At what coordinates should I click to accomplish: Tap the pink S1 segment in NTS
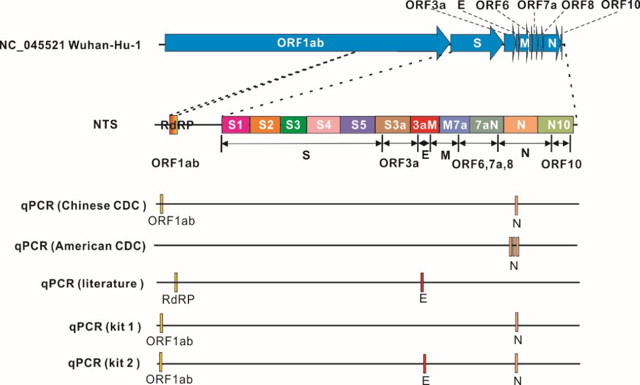[x=236, y=125]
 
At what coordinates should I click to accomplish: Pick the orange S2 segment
[x=265, y=125]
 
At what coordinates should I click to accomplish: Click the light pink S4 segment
[x=324, y=125]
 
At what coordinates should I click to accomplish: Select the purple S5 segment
[x=358, y=125]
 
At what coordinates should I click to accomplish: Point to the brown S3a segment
[x=393, y=125]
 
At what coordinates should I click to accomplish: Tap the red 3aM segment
[x=425, y=125]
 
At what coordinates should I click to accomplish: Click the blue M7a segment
[x=455, y=125]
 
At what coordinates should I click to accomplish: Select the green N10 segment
[x=556, y=125]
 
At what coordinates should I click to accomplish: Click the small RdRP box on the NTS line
[x=173, y=125]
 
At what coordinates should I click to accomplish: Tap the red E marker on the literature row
[x=422, y=282]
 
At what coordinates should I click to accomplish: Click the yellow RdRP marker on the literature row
[x=176, y=282]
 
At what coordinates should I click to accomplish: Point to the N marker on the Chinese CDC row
[x=517, y=205]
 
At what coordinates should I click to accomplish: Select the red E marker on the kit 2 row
[x=425, y=362]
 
